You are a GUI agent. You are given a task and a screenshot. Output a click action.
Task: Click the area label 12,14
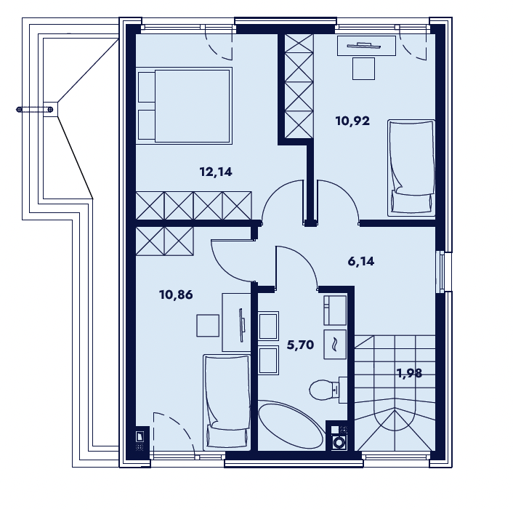point(216,172)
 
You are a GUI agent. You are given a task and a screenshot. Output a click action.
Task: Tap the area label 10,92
point(352,121)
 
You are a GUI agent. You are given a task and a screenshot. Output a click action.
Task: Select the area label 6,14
point(361,262)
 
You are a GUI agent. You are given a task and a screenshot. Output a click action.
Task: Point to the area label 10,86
point(176,295)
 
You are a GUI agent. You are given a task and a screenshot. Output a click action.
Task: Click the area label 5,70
point(300,345)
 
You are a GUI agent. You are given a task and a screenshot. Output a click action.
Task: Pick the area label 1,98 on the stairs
point(409,373)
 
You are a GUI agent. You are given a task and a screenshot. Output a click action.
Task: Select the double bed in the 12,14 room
point(184,105)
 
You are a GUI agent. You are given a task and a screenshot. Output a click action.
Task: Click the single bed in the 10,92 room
point(411,168)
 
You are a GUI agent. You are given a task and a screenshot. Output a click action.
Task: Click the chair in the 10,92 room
point(363,68)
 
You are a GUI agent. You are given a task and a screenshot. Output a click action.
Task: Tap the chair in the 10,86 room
point(208,325)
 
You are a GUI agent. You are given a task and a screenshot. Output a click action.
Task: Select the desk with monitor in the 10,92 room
point(366,46)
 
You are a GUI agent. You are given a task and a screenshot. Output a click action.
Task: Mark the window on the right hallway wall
point(444,272)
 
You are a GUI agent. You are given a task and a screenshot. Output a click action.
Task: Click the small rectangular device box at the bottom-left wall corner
point(140,436)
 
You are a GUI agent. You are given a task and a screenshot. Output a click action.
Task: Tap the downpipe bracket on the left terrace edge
point(35,109)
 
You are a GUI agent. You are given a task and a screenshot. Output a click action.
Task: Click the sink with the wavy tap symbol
point(335,345)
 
